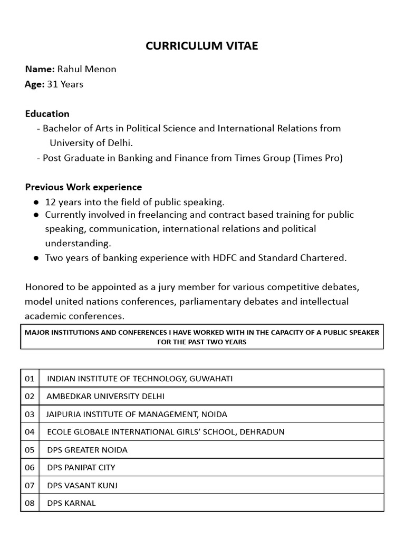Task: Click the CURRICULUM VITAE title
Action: click(202, 46)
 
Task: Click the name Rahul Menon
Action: click(87, 69)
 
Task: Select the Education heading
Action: click(47, 113)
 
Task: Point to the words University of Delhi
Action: click(91, 143)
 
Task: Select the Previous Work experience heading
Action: click(83, 187)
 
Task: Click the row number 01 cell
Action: click(30, 379)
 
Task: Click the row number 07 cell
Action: click(30, 485)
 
